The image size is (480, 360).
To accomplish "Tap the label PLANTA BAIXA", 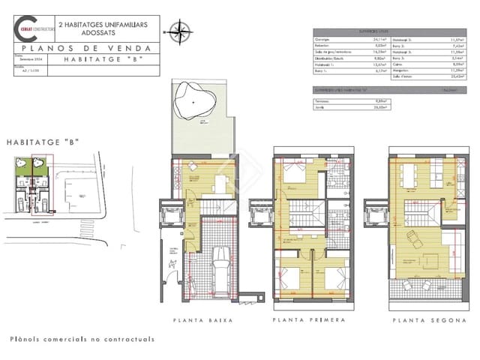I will pos(202,320).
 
